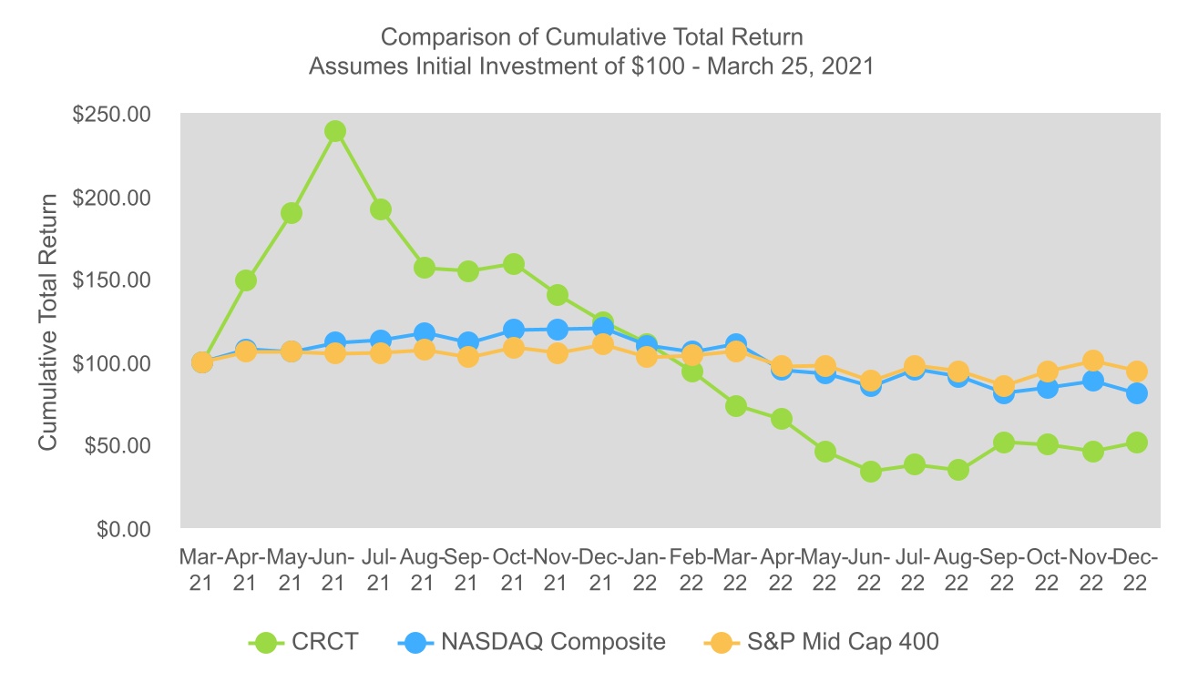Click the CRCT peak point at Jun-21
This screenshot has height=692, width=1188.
tap(335, 131)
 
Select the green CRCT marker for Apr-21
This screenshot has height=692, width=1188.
tap(246, 280)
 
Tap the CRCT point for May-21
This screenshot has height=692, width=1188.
tap(291, 213)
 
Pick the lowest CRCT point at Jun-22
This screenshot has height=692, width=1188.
tap(871, 472)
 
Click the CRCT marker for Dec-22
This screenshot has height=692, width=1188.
tap(1137, 443)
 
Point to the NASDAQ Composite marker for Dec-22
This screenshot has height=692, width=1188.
tap(1137, 393)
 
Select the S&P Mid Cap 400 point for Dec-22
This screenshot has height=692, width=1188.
tap(1137, 371)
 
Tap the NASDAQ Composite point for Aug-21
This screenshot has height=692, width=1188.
tap(424, 333)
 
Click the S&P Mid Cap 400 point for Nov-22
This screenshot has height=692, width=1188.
tap(1093, 361)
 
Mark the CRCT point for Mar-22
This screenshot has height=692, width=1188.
tap(736, 406)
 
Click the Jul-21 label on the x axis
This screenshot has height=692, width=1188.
tap(380, 570)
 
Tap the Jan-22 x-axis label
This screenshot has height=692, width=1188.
tap(647, 570)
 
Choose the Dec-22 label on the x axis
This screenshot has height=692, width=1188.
tap(1137, 570)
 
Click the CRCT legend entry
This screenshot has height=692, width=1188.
tap(304, 642)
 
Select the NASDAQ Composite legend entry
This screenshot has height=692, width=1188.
tap(532, 642)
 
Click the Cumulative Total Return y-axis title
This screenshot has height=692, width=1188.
tap(47, 321)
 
